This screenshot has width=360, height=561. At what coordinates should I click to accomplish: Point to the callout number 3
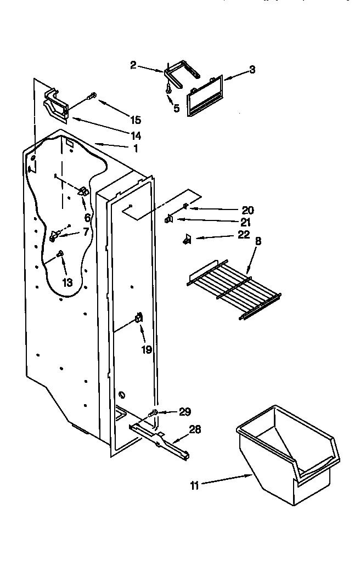tap(252, 69)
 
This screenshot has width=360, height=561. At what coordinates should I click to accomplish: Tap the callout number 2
tap(133, 66)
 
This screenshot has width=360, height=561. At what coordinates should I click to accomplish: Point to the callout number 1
tap(136, 148)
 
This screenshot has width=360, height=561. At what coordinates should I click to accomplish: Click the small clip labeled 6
tap(83, 191)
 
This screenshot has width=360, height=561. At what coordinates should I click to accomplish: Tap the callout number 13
tap(67, 283)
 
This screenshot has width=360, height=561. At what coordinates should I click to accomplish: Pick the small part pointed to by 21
tap(169, 219)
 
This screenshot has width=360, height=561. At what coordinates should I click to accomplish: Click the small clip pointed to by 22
tap(187, 239)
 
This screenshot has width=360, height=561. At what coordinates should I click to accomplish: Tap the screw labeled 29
tap(154, 412)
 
